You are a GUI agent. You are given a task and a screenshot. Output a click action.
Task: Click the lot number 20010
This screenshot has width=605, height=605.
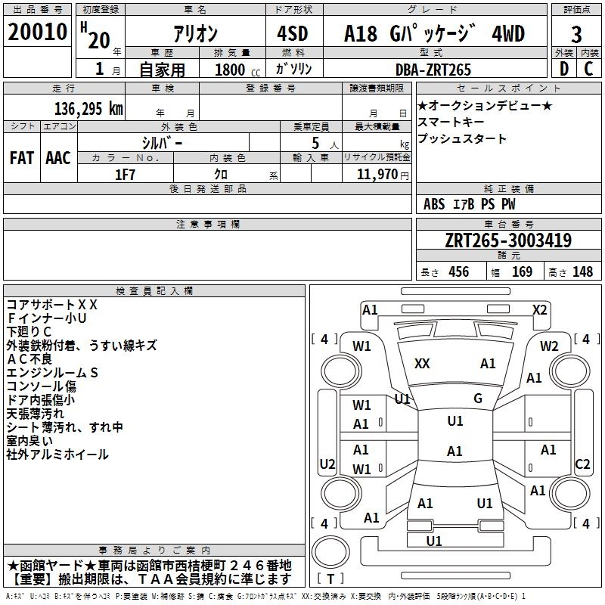[x=37, y=34]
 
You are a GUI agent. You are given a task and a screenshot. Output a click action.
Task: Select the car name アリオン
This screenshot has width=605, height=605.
[x=195, y=34]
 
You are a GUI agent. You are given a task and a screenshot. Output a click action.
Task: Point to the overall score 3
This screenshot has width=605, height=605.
[x=576, y=34]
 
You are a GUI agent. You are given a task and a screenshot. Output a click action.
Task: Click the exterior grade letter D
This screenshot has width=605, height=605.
[x=563, y=69]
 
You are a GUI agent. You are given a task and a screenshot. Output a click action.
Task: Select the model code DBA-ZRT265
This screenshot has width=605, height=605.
[x=433, y=70]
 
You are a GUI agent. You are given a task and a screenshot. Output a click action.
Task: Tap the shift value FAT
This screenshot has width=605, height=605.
[x=22, y=158]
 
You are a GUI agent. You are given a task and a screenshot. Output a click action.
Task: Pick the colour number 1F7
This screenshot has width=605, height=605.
[x=125, y=174]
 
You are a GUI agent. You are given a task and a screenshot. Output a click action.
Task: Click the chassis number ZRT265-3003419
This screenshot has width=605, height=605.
[x=508, y=240]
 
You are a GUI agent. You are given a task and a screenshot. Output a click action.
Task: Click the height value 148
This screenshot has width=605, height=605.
[x=582, y=271]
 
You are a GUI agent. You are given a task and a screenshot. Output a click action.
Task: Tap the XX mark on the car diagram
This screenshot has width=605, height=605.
[x=422, y=364]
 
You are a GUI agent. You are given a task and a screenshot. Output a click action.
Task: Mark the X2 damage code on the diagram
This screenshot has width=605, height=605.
[x=539, y=309]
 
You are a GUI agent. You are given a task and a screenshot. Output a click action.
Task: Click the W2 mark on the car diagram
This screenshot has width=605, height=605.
[x=549, y=346]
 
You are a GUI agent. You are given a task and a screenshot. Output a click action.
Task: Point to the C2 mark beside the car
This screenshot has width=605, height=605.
[x=582, y=464]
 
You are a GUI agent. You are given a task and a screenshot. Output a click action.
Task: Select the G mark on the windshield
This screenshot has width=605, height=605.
[x=477, y=398]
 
